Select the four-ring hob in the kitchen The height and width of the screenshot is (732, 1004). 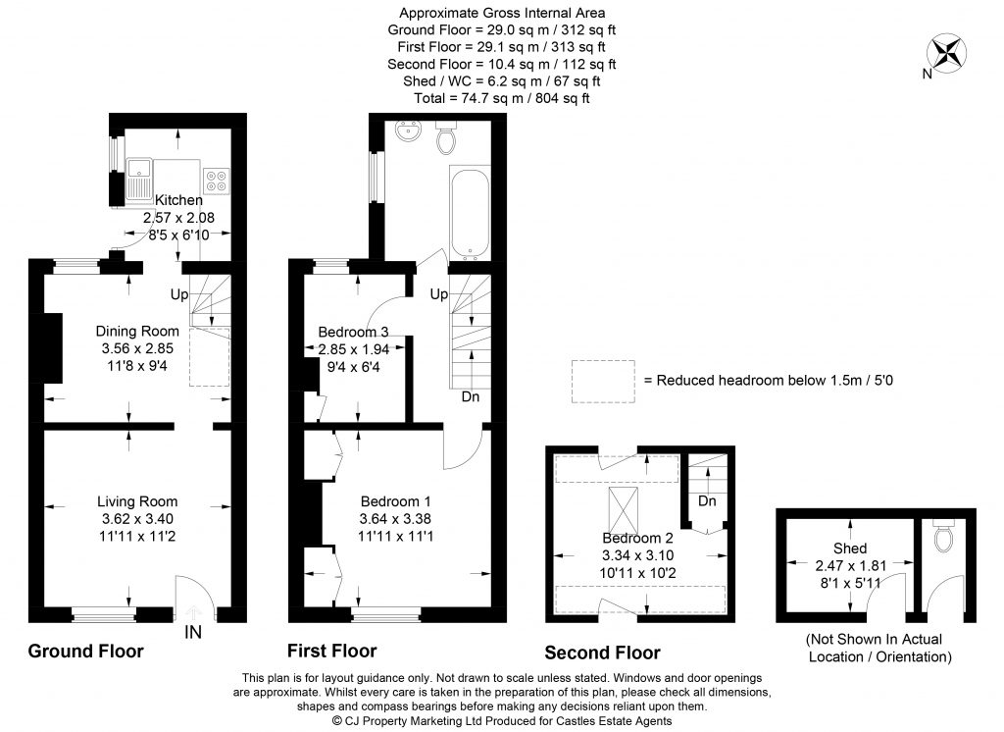[x=215, y=181]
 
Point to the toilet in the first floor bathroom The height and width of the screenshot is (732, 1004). [x=446, y=138]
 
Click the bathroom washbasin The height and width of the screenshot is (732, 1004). [x=404, y=131]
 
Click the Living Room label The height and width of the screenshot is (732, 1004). [x=137, y=501]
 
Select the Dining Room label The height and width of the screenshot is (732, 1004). [x=137, y=331]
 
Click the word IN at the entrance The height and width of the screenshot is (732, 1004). [x=193, y=633]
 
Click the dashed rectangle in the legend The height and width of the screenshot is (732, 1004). [x=602, y=380]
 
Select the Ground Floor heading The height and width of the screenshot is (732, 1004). [x=85, y=651]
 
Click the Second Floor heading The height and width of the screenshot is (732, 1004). [x=602, y=653]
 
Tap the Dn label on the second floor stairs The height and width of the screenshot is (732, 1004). [x=707, y=501]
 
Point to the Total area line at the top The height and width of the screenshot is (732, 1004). [x=501, y=99]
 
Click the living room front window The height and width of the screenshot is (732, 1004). [x=103, y=615]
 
